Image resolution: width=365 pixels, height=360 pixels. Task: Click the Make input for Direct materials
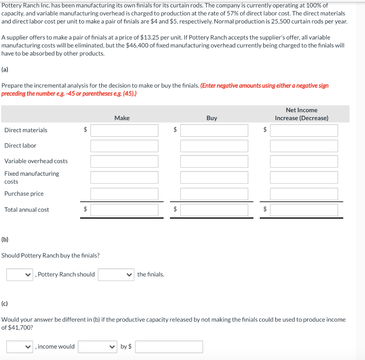click(124, 130)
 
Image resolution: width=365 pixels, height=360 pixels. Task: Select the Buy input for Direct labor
click(214, 146)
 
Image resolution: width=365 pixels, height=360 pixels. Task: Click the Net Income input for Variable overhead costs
click(304, 161)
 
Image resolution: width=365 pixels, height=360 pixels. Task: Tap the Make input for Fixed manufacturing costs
click(124, 177)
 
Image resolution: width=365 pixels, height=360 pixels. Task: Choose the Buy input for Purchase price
click(214, 194)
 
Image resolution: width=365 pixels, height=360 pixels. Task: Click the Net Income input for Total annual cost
click(304, 210)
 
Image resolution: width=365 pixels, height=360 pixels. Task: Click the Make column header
click(122, 118)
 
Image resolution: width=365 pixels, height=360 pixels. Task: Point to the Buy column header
click(212, 118)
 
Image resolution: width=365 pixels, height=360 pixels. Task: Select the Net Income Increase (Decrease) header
click(302, 114)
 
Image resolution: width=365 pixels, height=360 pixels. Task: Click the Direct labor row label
click(20, 145)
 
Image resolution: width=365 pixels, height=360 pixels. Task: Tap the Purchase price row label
click(24, 194)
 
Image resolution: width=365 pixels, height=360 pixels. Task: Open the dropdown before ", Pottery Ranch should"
click(20, 274)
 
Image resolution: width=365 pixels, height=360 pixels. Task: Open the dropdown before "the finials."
click(116, 274)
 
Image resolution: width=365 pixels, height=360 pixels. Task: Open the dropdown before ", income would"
click(20, 346)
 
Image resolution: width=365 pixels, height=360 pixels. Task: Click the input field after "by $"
click(169, 346)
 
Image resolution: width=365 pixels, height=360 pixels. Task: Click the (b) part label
click(5, 240)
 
